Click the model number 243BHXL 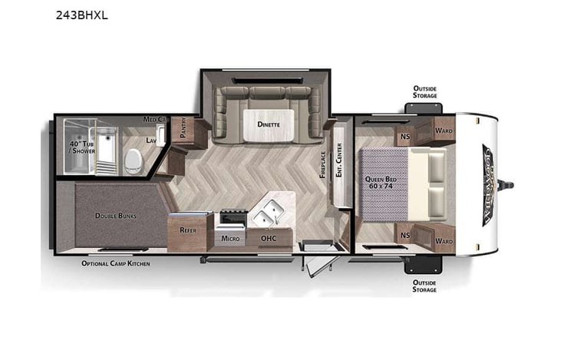81,14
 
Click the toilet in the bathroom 134,159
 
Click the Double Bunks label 116,216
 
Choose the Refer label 188,230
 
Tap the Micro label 230,238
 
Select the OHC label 269,238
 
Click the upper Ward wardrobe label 444,131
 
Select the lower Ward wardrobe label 444,240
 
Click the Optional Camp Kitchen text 116,263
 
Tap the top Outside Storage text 424,92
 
